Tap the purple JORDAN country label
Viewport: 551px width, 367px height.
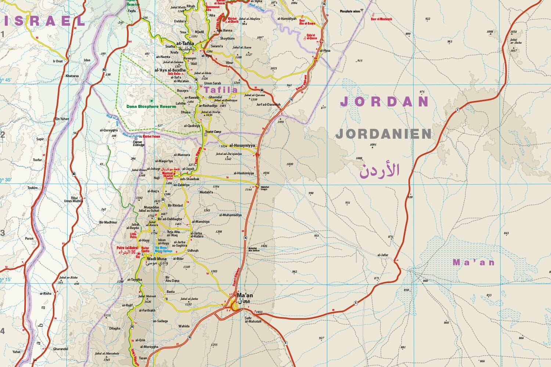(x=384, y=102)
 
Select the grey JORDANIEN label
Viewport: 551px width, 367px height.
(x=383, y=134)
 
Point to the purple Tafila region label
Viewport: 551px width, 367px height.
(x=221, y=90)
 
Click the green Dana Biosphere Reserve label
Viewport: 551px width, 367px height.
(x=151, y=106)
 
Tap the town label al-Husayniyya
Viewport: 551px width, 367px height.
(x=242, y=146)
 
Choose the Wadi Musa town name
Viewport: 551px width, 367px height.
(x=156, y=259)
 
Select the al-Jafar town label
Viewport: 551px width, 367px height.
(x=383, y=255)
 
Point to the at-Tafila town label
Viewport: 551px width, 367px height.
(x=185, y=44)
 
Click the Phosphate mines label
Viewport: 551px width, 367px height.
(x=350, y=11)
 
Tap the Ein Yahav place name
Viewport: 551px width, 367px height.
(x=62, y=119)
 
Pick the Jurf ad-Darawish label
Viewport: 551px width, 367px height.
(x=268, y=105)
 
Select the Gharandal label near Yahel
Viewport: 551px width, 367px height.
(x=61, y=349)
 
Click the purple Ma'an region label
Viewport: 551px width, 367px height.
(x=473, y=262)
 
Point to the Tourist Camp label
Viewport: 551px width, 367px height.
(x=213, y=132)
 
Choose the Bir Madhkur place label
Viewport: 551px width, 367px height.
(x=108, y=222)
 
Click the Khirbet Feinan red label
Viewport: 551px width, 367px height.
(x=152, y=136)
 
